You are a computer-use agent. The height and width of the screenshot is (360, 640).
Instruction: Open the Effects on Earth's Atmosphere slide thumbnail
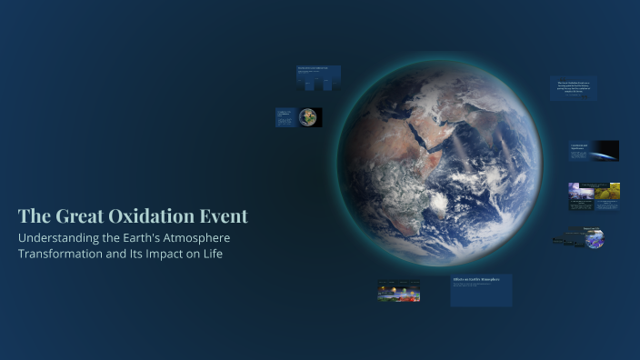pos(481,290)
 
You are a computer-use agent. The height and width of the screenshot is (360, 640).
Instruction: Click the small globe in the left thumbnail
pos(309,117)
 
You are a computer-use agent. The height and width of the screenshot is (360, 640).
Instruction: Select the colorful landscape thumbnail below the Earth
pos(398,291)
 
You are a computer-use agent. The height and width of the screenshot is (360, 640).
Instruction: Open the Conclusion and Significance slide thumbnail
pos(595,150)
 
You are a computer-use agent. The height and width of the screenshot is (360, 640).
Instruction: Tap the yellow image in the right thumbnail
pos(607,191)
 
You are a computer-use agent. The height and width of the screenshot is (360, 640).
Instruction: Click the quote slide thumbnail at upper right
pos(574,88)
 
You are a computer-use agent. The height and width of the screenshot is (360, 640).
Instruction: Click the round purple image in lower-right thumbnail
pos(595,240)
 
